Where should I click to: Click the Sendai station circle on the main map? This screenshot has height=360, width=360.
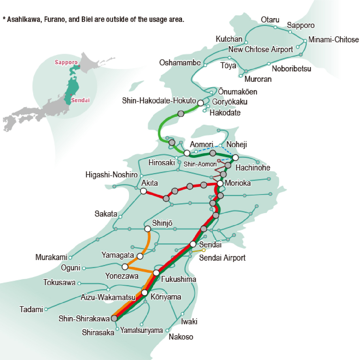point(193,244)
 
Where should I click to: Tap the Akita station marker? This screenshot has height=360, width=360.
point(143,191)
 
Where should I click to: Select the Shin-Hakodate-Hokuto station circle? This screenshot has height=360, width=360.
point(200,103)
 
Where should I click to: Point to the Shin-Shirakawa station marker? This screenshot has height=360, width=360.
point(114,318)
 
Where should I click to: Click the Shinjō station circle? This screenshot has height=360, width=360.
point(148,229)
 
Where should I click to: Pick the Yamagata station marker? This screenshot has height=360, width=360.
point(140,256)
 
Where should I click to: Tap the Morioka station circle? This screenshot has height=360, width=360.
point(220,183)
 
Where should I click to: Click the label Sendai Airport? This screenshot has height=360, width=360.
point(222,258)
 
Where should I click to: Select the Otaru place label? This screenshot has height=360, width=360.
point(270,20)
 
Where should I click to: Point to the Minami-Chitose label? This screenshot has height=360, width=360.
point(334,39)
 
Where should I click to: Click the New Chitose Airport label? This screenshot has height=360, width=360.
point(260,50)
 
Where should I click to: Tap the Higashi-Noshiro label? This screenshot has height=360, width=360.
point(111,175)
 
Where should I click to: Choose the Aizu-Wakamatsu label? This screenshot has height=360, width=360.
point(108,297)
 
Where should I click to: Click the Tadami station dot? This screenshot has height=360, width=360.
point(46,309)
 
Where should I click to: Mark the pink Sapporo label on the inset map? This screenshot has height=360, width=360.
point(66,62)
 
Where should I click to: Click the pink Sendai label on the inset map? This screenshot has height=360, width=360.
point(80,100)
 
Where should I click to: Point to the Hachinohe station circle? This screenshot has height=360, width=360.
point(236,158)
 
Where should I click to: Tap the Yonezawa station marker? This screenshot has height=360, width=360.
point(125,267)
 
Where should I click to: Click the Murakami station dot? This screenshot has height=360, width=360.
point(70,257)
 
